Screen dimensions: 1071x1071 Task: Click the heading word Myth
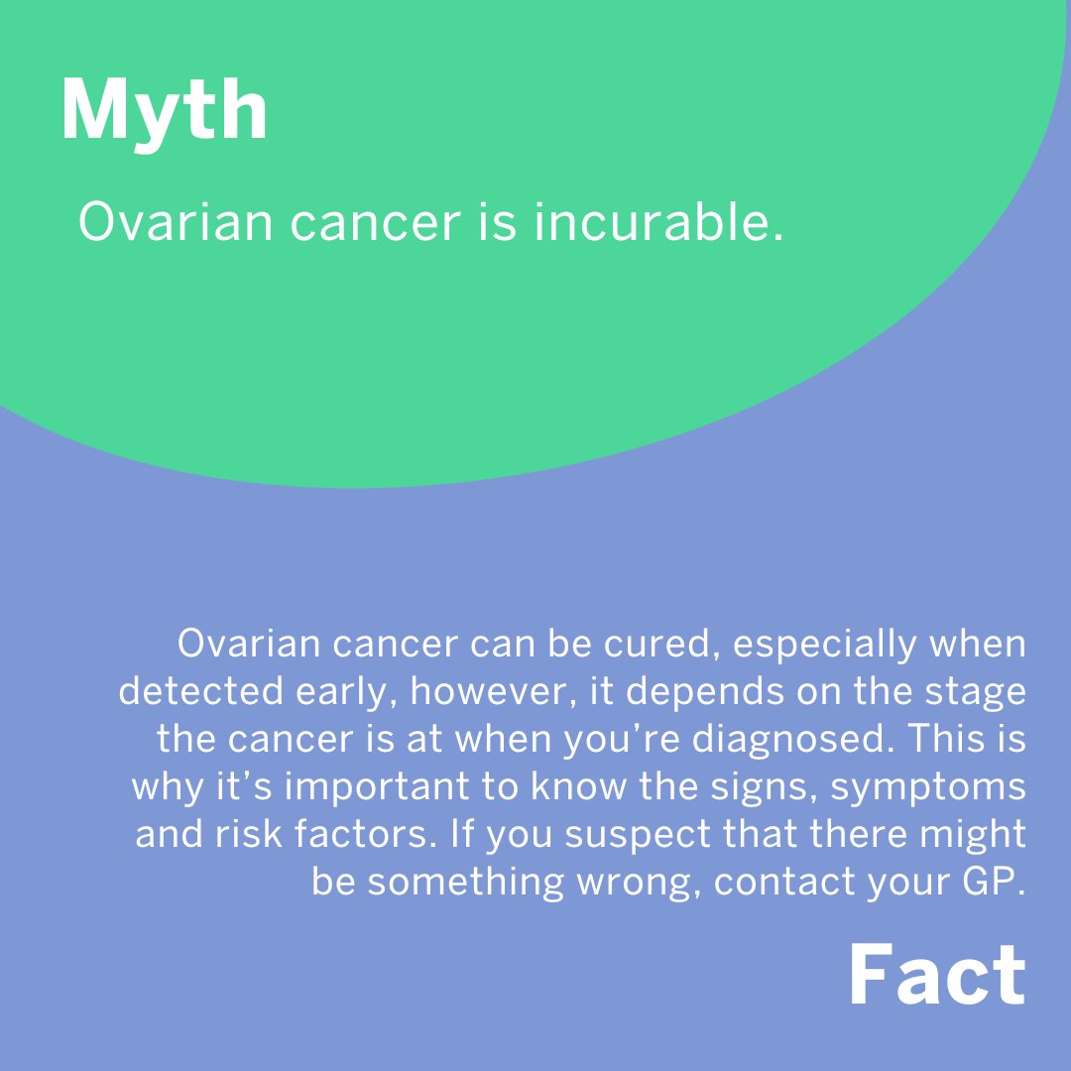pyautogui.click(x=164, y=111)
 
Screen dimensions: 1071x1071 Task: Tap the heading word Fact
pyautogui.click(x=936, y=977)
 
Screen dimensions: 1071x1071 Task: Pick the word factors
pyautogui.click(x=362, y=834)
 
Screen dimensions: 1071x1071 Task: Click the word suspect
pyautogui.click(x=640, y=834)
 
